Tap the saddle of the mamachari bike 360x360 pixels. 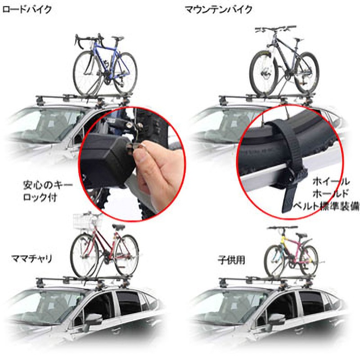coord(118,227)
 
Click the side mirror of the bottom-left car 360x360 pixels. coord(93,321)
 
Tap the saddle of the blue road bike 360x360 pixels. coord(117,39)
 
